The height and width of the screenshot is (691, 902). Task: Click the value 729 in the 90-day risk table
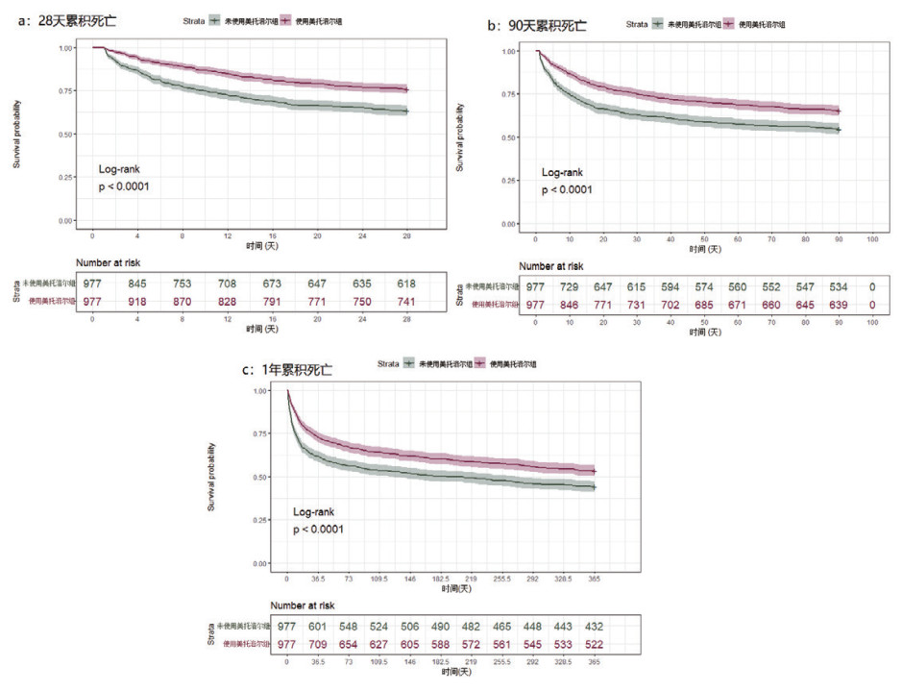pyautogui.click(x=571, y=288)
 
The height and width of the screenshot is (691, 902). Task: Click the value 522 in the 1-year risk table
pyautogui.click(x=595, y=644)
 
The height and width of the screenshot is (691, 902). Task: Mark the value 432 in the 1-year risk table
pyautogui.click(x=595, y=627)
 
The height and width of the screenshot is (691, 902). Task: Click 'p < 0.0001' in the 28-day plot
pyautogui.click(x=124, y=186)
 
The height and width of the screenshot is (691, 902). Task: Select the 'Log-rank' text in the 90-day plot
pyautogui.click(x=562, y=172)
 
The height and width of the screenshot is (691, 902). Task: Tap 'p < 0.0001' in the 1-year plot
pyautogui.click(x=318, y=530)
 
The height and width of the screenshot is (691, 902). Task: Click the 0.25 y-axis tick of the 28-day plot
pyautogui.click(x=66, y=178)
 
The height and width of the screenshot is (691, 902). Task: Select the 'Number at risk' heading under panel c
pyautogui.click(x=303, y=605)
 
